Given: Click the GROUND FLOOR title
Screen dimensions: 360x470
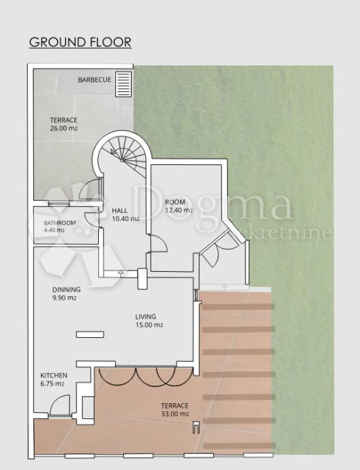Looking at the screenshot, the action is click(x=80, y=42).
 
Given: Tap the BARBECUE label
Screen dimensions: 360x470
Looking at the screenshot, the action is click(x=95, y=80).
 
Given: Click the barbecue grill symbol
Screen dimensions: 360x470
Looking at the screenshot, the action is click(x=123, y=84).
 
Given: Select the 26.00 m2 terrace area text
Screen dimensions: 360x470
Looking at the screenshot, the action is click(x=63, y=128).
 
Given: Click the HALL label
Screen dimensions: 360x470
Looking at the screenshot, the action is click(x=120, y=210).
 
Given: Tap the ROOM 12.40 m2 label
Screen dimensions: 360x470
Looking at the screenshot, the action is click(x=179, y=206).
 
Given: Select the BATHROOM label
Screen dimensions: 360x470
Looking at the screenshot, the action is click(x=60, y=223).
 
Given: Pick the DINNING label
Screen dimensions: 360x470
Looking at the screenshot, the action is click(x=66, y=289).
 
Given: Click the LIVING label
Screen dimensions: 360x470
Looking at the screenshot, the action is click(x=145, y=317).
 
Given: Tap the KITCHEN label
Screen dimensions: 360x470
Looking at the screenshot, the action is click(x=54, y=375).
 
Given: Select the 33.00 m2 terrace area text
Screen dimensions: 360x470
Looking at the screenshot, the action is click(x=175, y=414).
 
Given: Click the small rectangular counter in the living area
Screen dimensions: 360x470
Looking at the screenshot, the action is click(x=90, y=334).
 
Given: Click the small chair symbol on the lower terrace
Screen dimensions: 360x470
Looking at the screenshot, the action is click(x=196, y=427).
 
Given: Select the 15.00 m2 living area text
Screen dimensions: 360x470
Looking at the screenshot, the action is click(x=149, y=325).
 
